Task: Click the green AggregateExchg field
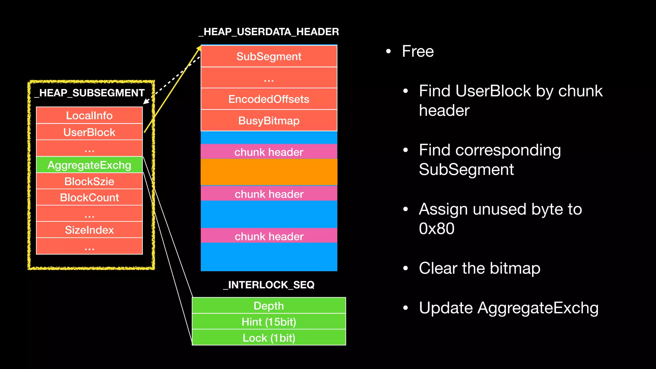[89, 165]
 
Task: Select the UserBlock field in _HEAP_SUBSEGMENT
[89, 132]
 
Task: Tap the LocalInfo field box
[89, 115]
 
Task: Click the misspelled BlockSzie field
[89, 181]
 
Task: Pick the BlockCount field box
[89, 197]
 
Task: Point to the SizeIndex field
[89, 230]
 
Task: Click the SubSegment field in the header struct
[269, 56]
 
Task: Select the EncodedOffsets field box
[269, 99]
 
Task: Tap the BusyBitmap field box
[269, 120]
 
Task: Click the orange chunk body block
[269, 172]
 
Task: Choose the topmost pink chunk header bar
[269, 152]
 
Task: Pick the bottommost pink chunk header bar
[269, 236]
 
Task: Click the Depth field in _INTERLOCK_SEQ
[269, 306]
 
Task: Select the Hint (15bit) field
[269, 322]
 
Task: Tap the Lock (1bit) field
[269, 338]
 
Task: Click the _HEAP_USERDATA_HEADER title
[269, 32]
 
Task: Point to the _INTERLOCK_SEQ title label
[269, 285]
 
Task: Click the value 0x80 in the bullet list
[437, 229]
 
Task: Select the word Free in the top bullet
[418, 51]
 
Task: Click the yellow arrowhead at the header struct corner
[199, 48]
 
